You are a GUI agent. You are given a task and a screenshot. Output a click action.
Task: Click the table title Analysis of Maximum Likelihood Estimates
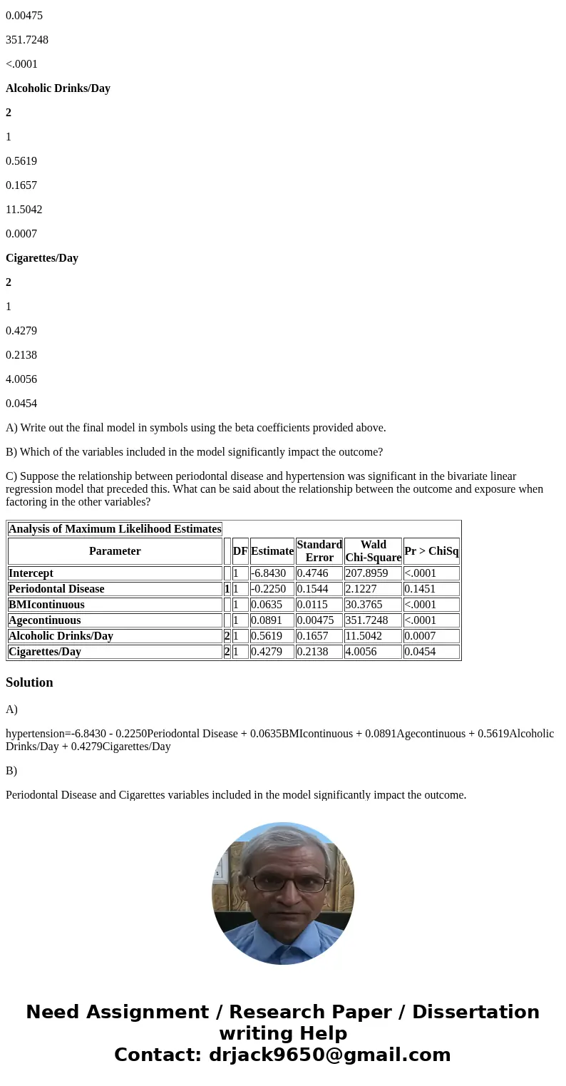click(x=115, y=529)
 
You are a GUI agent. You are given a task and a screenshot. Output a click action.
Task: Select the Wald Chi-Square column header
click(x=373, y=551)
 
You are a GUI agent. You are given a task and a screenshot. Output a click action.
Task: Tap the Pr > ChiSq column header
click(x=431, y=551)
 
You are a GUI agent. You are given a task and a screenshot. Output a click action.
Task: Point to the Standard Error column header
click(x=319, y=551)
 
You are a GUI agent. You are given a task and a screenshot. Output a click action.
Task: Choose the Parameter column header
click(x=115, y=551)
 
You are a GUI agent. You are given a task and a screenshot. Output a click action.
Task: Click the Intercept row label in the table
click(x=31, y=573)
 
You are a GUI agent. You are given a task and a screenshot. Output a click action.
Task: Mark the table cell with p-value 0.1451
click(x=420, y=589)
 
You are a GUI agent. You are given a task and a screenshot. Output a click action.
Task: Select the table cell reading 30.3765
click(x=364, y=605)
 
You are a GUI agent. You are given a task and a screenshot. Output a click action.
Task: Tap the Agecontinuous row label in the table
click(x=44, y=620)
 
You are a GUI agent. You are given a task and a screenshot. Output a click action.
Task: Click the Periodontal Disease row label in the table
click(x=56, y=589)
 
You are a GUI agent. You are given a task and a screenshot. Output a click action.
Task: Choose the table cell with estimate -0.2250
click(x=268, y=589)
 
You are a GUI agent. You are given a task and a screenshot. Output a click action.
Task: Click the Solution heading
click(x=29, y=682)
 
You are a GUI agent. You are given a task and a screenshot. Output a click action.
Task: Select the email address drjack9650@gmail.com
click(x=329, y=1055)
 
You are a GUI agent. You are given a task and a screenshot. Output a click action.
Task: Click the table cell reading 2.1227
click(x=364, y=589)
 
